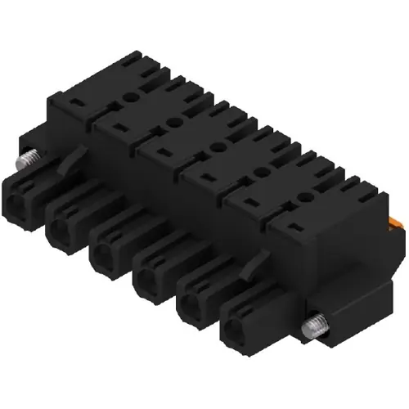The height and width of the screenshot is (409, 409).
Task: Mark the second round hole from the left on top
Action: pyautogui.click(x=172, y=120)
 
